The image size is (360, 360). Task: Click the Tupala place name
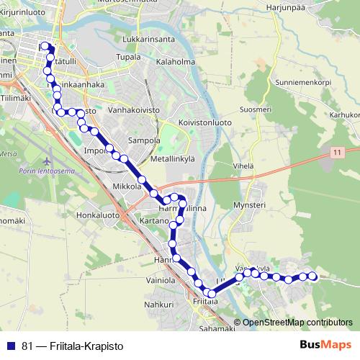(128, 57)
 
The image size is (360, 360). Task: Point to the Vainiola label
(161, 279)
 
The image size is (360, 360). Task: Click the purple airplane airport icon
(48, 158)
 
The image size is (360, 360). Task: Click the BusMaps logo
(325, 345)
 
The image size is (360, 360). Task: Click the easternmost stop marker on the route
(312, 276)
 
